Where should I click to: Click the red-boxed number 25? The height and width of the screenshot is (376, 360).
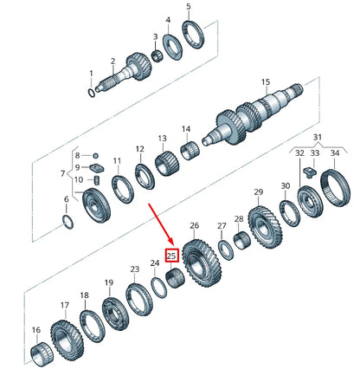171,256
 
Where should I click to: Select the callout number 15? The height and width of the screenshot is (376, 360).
266,84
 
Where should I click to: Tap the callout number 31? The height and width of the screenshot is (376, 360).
317,138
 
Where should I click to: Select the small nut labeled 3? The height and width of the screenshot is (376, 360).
157,57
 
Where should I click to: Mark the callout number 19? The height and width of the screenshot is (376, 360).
109,283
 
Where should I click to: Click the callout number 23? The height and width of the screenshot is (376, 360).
134,269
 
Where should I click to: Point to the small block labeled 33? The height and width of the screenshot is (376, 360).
314,172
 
